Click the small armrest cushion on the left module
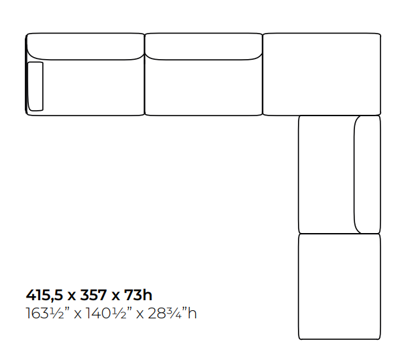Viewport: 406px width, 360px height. click(x=36, y=87)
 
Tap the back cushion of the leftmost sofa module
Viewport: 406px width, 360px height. click(x=85, y=46)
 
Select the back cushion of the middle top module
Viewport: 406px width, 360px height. click(x=203, y=46)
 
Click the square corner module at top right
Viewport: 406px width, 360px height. click(x=322, y=74)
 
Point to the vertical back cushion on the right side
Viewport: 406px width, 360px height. click(x=367, y=174)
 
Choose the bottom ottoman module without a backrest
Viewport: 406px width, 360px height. click(x=340, y=287)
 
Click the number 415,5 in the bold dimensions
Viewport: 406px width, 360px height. click(x=44, y=296)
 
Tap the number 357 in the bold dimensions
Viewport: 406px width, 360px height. click(x=93, y=295)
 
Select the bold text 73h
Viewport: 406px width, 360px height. click(x=138, y=295)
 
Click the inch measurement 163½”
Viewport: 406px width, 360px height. click(x=46, y=314)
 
